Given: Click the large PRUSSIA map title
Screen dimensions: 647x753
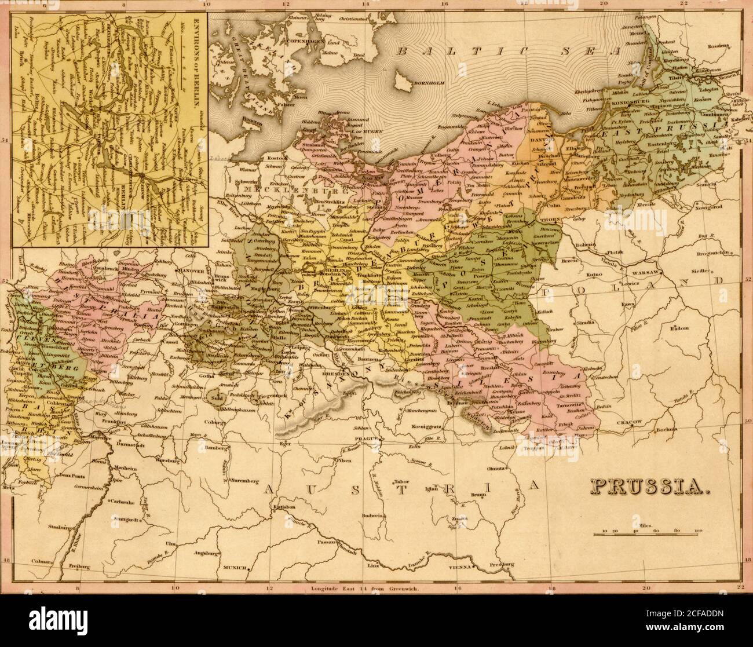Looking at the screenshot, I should (651, 488).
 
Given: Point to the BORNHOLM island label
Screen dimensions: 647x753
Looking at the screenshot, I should (427, 83).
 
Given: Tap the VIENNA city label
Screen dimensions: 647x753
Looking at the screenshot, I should (460, 569).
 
